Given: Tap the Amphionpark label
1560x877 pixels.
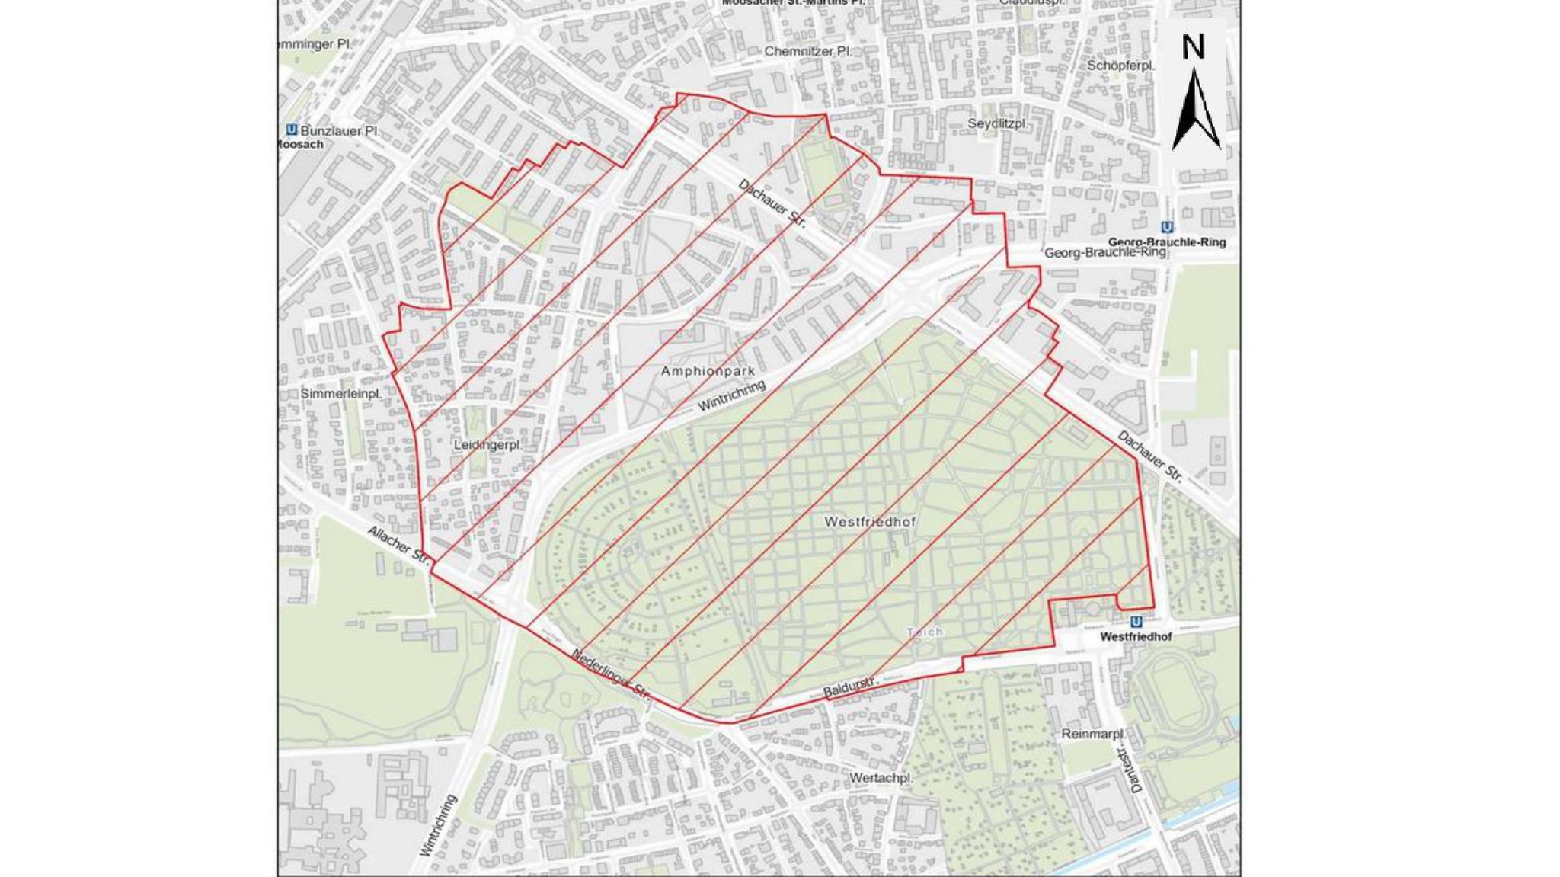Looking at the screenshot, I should (708, 371).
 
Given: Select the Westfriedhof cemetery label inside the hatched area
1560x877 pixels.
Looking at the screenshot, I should (870, 522).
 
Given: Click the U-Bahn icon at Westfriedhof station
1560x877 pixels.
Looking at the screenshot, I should (1136, 622).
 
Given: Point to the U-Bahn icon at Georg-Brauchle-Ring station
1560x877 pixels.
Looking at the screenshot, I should (1167, 227).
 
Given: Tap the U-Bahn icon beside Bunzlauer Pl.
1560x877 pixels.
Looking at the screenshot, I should (291, 130).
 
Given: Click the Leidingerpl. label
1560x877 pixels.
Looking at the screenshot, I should (487, 444).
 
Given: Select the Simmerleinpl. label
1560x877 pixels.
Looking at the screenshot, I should (340, 393).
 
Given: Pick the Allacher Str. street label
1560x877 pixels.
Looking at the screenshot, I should (399, 545).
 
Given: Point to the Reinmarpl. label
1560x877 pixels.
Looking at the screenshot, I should (1092, 734).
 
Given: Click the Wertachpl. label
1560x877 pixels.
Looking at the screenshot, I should (881, 778).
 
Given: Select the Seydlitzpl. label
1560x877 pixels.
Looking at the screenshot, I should (998, 123).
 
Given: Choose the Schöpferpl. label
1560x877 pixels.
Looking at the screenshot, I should (1120, 66).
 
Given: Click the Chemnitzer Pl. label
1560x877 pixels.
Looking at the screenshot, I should (807, 51).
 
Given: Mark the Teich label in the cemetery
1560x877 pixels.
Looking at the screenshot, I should (925, 632).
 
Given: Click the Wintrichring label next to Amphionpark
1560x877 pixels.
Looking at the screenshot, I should (731, 396).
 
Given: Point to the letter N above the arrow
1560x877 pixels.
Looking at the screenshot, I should (1194, 47).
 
